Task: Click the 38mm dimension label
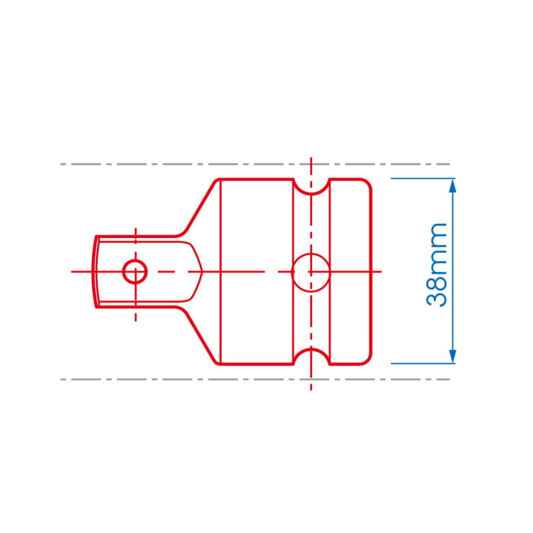pos(437,265)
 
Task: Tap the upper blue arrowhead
pos(452,186)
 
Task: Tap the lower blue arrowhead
pos(452,357)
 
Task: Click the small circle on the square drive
pos(135,272)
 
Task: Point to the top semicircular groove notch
pos(311,194)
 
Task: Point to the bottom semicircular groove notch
pos(311,349)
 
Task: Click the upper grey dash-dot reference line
pos(255,164)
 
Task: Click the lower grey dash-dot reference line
pos(255,379)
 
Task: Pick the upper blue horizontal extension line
pos(423,179)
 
